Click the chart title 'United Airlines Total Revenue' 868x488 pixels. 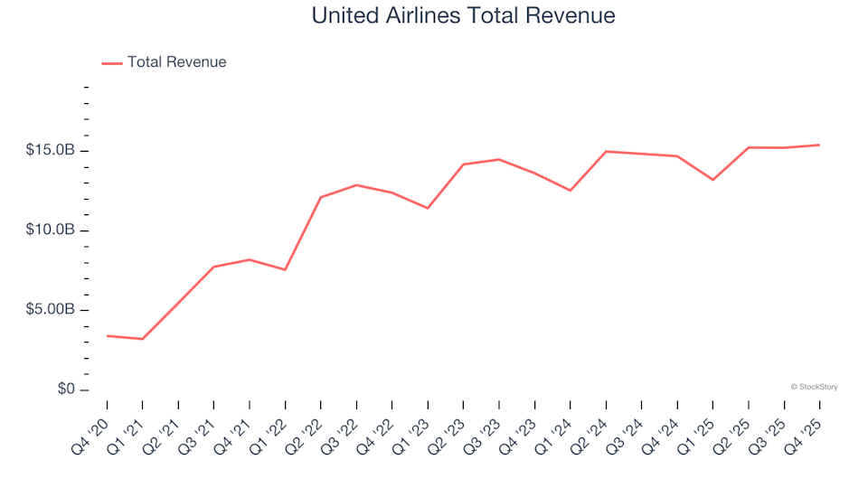(x=463, y=16)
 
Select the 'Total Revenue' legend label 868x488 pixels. (x=176, y=62)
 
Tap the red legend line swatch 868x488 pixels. (x=112, y=62)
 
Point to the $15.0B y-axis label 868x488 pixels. (x=51, y=150)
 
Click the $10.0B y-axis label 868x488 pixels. (x=51, y=230)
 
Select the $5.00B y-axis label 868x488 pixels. (x=51, y=310)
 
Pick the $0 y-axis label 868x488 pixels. (x=64, y=389)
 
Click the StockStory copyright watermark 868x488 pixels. (x=814, y=387)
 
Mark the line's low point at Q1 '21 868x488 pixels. (x=143, y=339)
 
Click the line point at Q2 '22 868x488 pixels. (x=321, y=197)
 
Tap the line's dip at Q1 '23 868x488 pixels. (x=428, y=208)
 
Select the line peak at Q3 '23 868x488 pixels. (x=499, y=159)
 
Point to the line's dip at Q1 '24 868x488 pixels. (x=571, y=191)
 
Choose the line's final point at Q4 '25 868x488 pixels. (x=819, y=145)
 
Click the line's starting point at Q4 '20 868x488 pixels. (x=108, y=336)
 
